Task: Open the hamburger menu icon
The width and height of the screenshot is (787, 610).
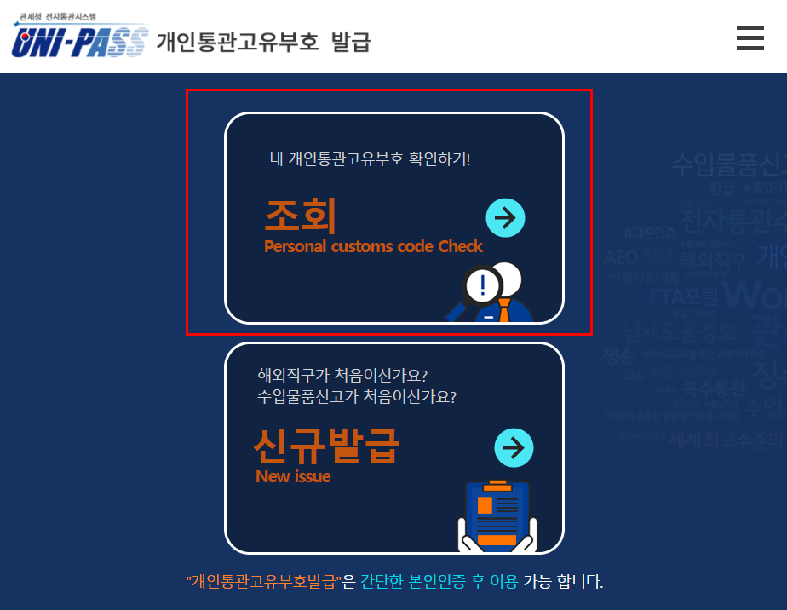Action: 750,38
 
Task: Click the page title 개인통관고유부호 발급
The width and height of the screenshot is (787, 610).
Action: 263,41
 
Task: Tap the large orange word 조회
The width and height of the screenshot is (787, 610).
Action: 301,216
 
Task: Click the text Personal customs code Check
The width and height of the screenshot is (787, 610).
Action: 373,247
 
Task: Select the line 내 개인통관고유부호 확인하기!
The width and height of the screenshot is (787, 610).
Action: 370,158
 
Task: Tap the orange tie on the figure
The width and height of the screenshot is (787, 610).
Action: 505,308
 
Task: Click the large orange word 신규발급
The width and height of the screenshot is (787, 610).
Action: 326,445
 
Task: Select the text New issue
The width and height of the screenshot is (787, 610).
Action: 293,476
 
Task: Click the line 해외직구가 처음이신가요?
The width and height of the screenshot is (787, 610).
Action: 342,375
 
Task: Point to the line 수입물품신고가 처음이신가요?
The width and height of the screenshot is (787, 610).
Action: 357,396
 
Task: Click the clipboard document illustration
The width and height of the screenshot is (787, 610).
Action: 497,516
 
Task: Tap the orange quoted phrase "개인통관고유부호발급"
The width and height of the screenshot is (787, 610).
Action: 263,582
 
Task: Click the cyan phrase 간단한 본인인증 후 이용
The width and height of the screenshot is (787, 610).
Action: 439,582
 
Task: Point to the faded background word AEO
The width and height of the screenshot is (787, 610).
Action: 620,257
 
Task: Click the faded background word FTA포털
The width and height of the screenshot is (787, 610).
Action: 684,296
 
